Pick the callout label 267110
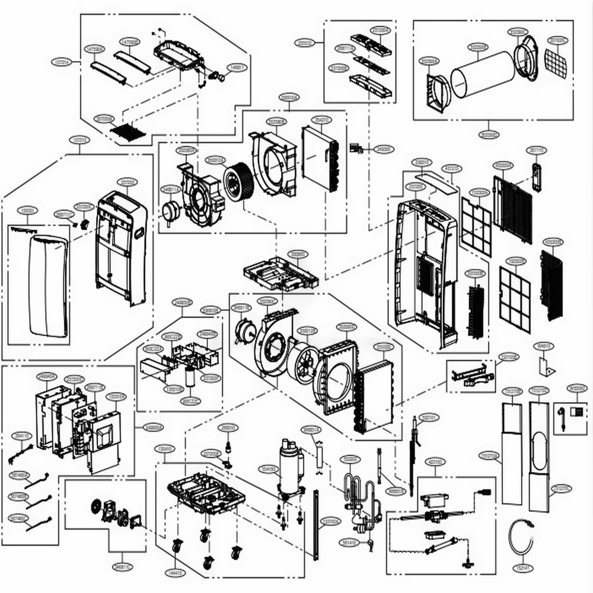[x=537, y=151]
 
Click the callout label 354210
[x=321, y=120]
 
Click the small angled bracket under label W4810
[x=546, y=365]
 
